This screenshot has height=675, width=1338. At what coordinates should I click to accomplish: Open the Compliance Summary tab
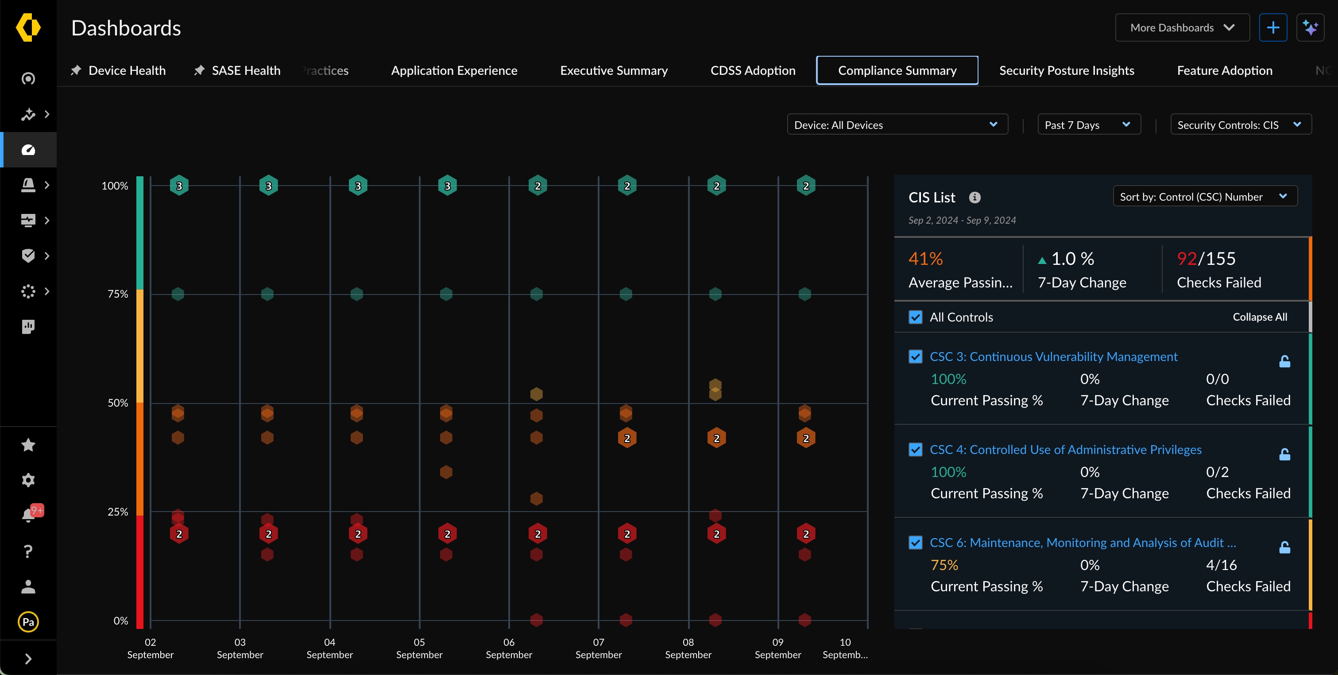[x=897, y=70]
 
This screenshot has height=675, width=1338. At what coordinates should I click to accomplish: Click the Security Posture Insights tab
[x=1066, y=70]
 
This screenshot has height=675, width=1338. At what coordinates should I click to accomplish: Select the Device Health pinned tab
[x=126, y=70]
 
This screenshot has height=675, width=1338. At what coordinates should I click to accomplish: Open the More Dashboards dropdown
[x=1182, y=27]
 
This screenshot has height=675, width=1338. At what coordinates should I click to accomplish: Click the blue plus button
[x=1272, y=27]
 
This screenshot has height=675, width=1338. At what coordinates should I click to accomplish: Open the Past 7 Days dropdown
[x=1088, y=125]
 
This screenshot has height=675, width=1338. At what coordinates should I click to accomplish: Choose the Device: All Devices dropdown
[x=897, y=125]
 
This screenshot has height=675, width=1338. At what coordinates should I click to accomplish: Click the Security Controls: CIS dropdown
[x=1240, y=125]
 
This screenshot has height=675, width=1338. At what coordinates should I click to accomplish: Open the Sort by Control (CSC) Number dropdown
[x=1205, y=196]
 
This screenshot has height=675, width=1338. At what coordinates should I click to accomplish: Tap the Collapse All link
[x=1260, y=317]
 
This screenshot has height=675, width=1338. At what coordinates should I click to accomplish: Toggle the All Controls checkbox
[x=915, y=317]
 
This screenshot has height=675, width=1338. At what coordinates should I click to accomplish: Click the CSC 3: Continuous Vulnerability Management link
[x=1053, y=357]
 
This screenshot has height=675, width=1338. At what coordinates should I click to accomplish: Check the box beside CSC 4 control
[x=915, y=450]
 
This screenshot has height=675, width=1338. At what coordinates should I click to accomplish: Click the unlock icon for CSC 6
[x=1284, y=547]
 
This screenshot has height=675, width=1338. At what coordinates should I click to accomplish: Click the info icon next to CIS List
[x=974, y=198]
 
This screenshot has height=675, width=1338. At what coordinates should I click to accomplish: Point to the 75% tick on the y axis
[x=118, y=294]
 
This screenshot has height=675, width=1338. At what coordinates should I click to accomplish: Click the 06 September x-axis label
[x=509, y=648]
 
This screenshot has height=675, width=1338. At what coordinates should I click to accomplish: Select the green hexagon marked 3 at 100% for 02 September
[x=179, y=186]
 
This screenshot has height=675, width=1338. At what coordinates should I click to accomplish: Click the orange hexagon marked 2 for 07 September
[x=627, y=438]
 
